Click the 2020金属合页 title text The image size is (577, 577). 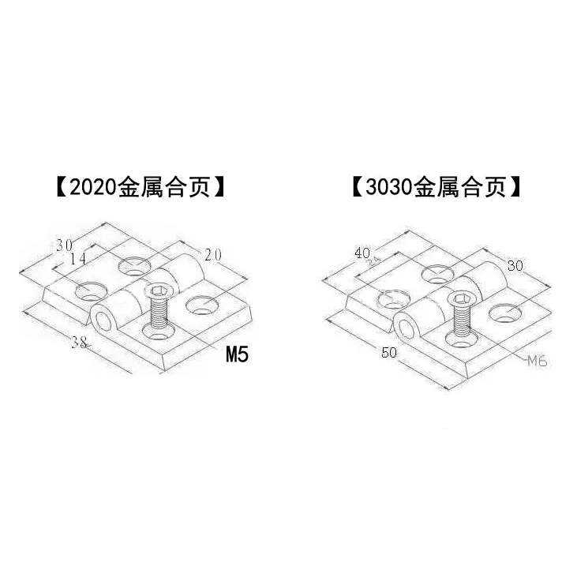coord(137,188)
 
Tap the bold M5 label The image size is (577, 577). coord(237,354)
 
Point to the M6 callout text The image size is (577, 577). coord(538,361)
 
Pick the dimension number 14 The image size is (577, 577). coord(77,259)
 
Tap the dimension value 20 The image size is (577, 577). coord(212,254)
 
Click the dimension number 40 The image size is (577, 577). coord(363,253)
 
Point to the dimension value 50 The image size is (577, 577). coord(388,353)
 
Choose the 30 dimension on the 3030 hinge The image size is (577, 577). coord(515,265)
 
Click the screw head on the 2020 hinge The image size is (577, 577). coord(159,293)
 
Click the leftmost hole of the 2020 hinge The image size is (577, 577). coord(90,291)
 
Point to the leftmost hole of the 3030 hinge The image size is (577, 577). coord(392,298)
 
